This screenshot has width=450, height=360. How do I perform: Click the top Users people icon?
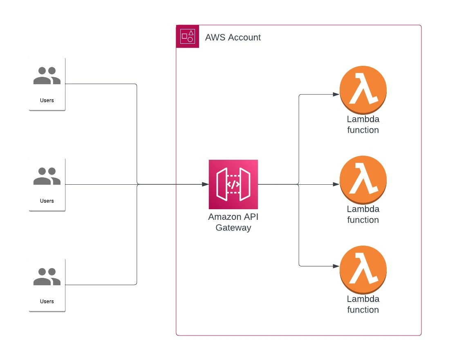tap(47, 76)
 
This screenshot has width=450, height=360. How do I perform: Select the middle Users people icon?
tap(47, 177)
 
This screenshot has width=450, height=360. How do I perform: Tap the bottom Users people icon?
tap(47, 277)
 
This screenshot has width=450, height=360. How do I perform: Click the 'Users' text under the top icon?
tap(47, 100)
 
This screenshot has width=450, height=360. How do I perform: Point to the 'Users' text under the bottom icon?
tap(47, 301)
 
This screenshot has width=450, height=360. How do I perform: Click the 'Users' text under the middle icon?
tap(47, 201)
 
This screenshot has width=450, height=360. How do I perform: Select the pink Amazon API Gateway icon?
tap(233, 184)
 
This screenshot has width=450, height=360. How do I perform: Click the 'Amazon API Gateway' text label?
tap(233, 222)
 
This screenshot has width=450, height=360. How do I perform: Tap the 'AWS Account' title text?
tap(233, 38)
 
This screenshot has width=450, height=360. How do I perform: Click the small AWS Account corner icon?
tap(188, 37)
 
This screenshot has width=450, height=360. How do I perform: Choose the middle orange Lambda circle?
tap(363, 179)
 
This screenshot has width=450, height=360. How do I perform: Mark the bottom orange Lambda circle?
tap(363, 269)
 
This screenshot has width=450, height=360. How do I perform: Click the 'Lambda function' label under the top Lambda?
tap(363, 125)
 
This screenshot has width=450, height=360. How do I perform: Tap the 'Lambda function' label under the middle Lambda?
tap(363, 214)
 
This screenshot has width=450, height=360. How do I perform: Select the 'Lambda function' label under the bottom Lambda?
tap(363, 304)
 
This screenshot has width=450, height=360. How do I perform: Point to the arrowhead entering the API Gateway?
tap(206, 184)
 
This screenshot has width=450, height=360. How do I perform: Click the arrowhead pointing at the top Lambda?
tap(336, 95)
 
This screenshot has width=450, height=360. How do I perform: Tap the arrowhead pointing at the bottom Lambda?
tap(336, 266)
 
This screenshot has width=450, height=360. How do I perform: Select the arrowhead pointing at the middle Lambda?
tap(336, 184)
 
